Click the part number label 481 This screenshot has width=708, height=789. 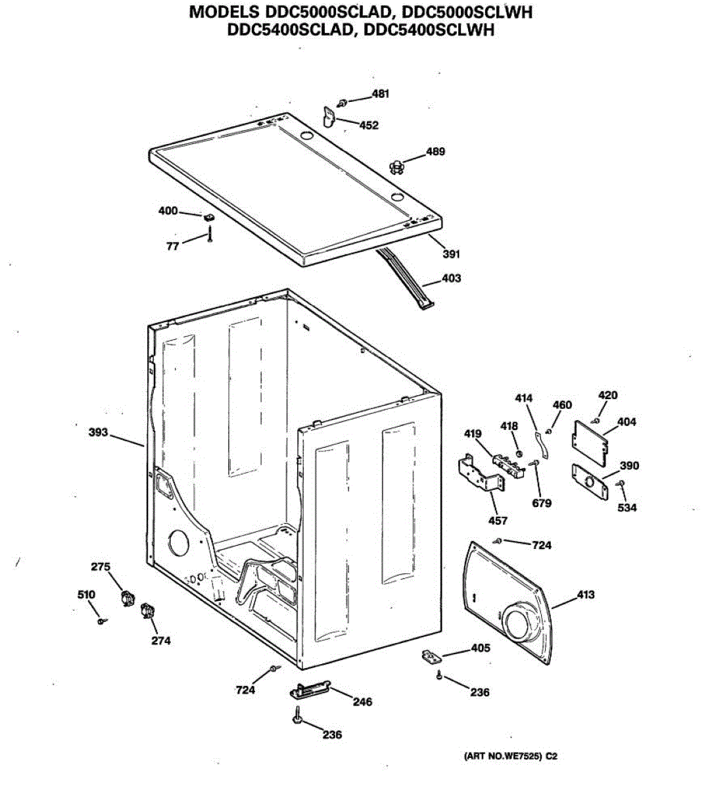point(380,93)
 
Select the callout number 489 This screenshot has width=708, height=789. point(435,151)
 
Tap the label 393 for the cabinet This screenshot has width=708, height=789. point(98,433)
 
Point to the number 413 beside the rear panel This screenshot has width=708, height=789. point(586,594)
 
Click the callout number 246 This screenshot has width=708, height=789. point(362,702)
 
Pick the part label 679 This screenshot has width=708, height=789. point(542,503)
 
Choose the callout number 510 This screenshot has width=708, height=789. point(86,594)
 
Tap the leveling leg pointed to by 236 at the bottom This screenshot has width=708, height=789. point(298,717)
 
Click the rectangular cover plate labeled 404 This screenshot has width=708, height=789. point(590,441)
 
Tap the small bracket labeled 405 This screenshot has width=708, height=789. point(430,656)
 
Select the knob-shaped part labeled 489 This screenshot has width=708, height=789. point(395,167)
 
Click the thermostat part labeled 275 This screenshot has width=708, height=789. point(126,598)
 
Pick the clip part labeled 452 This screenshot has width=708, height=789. point(329,116)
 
